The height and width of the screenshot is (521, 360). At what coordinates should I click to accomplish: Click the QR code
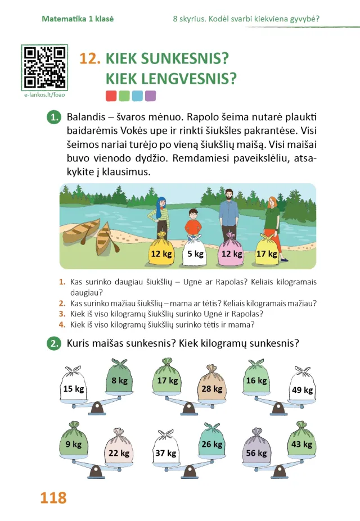(45, 67)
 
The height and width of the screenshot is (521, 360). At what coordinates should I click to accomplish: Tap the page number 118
(53, 497)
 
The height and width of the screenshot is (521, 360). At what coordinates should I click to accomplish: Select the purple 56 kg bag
(256, 452)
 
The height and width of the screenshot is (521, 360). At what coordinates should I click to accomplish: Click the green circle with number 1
(54, 118)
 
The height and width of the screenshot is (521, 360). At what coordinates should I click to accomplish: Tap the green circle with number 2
(54, 343)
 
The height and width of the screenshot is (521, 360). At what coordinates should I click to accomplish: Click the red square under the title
(111, 96)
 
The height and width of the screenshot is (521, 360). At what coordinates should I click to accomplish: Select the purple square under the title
(150, 96)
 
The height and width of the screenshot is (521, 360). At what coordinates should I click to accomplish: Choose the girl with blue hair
(158, 214)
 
